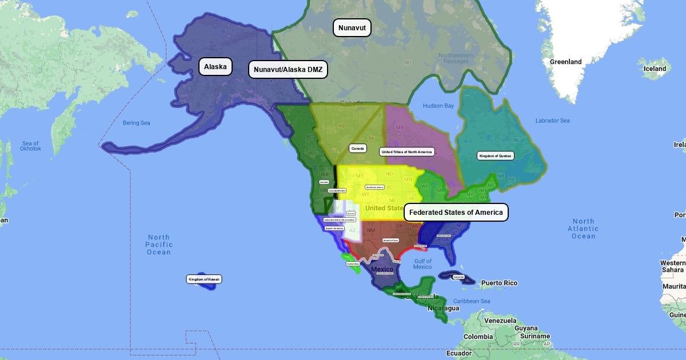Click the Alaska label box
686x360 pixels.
[x=216, y=67]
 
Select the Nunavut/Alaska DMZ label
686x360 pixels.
[x=288, y=70]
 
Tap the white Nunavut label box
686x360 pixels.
[x=352, y=28]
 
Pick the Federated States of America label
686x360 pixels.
[x=456, y=213]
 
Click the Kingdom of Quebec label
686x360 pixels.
[x=496, y=155]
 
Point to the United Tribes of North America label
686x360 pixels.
[x=406, y=151]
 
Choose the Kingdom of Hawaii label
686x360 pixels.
[x=204, y=279]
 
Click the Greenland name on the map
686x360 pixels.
[x=565, y=62]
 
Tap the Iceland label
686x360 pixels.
[x=655, y=69]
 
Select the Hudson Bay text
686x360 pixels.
[x=438, y=106]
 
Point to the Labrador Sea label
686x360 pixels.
[x=552, y=121]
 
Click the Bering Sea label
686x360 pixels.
[x=136, y=123]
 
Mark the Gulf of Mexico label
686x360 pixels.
[x=422, y=264]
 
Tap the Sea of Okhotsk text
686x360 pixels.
[x=30, y=146]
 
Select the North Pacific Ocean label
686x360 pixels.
[x=159, y=245]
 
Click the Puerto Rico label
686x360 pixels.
[x=498, y=283]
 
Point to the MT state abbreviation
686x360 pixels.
[x=360, y=176]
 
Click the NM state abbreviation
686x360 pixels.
[x=371, y=230]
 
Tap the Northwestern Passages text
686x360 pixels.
[x=456, y=58]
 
